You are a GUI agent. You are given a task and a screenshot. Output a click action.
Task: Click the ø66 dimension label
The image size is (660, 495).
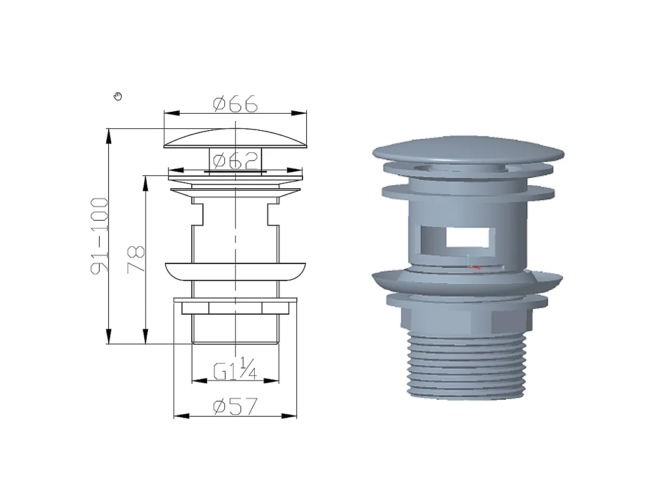[x=235, y=103]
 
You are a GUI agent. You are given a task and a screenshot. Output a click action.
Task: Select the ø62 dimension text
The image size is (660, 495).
[x=235, y=160]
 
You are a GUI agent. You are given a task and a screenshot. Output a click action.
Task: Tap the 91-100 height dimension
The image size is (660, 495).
[x=100, y=236]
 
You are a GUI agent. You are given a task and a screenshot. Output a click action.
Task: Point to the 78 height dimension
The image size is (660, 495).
[x=136, y=260]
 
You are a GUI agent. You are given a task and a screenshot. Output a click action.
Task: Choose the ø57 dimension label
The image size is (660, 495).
[x=235, y=406]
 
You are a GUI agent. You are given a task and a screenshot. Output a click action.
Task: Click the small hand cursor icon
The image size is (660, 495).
[x=118, y=97]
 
